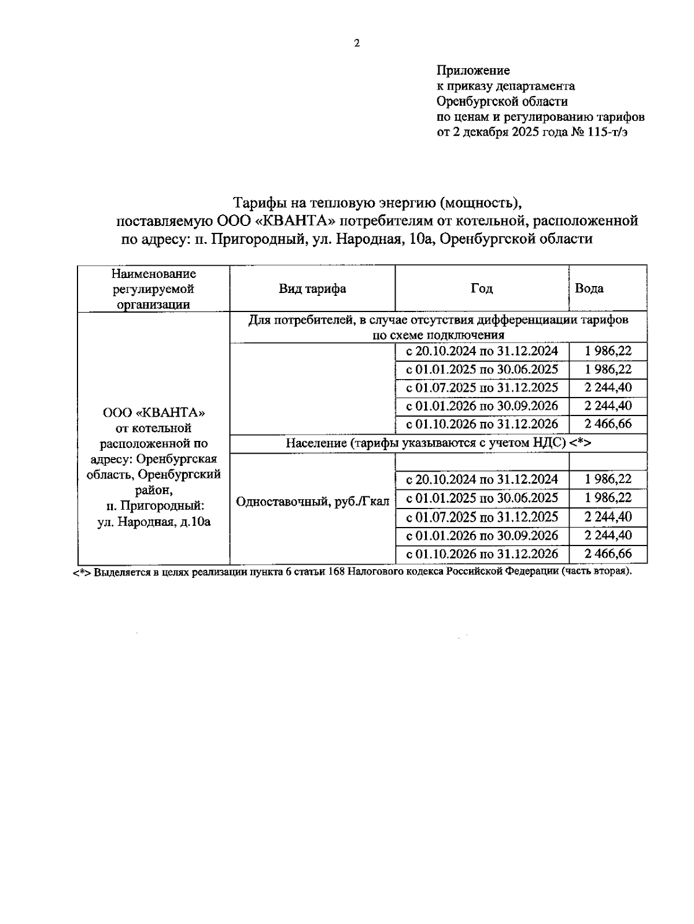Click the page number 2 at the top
click(357, 43)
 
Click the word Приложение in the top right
click(472, 70)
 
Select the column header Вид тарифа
click(312, 288)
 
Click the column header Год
click(482, 288)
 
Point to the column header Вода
click(589, 288)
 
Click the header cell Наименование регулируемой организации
click(153, 288)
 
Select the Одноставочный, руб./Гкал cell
click(312, 501)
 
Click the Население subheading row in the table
click(438, 443)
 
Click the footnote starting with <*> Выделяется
click(352, 572)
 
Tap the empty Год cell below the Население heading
click(482, 462)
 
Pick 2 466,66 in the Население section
click(608, 554)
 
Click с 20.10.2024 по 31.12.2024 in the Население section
click(482, 479)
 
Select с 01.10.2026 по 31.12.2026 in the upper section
click(482, 424)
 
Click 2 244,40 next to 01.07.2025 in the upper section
click(608, 387)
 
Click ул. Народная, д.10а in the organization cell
click(154, 522)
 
